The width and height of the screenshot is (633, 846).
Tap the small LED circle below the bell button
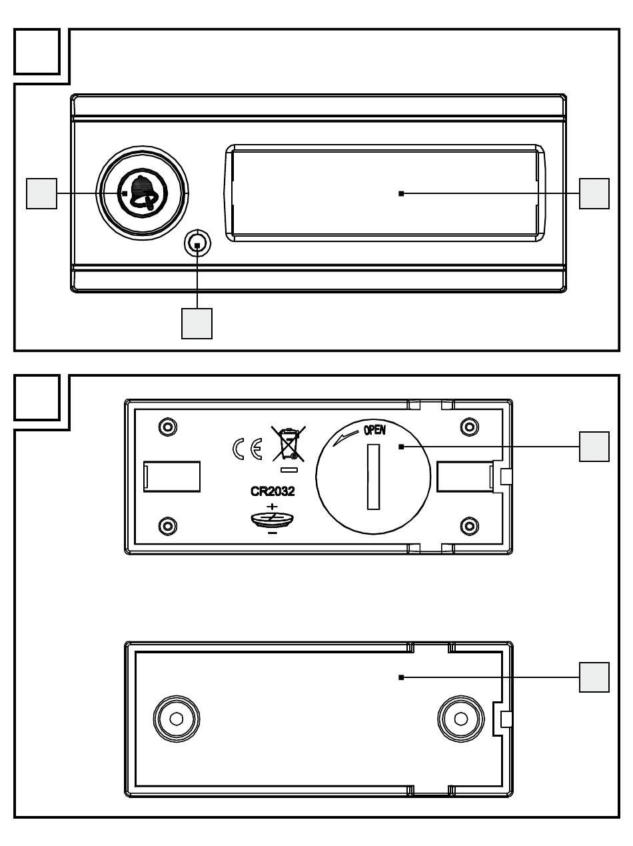(x=198, y=245)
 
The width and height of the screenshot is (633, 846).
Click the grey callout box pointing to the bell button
(x=41, y=193)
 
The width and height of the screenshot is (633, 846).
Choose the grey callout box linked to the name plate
(x=594, y=193)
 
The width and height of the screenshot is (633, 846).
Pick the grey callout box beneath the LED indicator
(x=197, y=323)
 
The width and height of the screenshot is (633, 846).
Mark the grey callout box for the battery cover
(x=594, y=447)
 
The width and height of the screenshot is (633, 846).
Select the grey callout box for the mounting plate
(x=594, y=677)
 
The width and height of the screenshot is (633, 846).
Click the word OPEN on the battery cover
(x=374, y=431)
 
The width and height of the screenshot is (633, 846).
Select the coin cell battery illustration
(x=273, y=519)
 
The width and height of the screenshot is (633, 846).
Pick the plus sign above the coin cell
(x=272, y=506)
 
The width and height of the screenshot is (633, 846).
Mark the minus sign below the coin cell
(x=272, y=533)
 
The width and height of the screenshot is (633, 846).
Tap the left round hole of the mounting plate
(x=176, y=719)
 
